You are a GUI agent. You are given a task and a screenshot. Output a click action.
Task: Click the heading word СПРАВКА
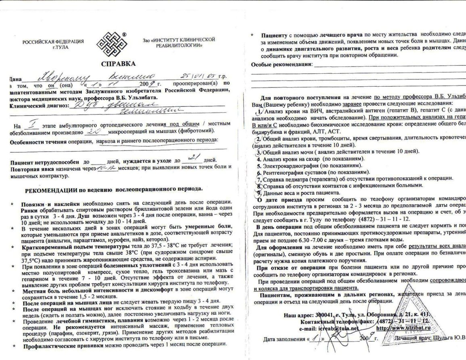[x=118, y=64]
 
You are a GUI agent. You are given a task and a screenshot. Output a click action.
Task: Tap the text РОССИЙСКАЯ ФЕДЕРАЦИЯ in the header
[x=53, y=42]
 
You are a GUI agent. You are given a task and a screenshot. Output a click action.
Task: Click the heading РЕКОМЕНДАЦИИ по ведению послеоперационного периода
[x=114, y=189]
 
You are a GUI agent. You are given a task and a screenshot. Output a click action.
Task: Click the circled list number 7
[x=259, y=179]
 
